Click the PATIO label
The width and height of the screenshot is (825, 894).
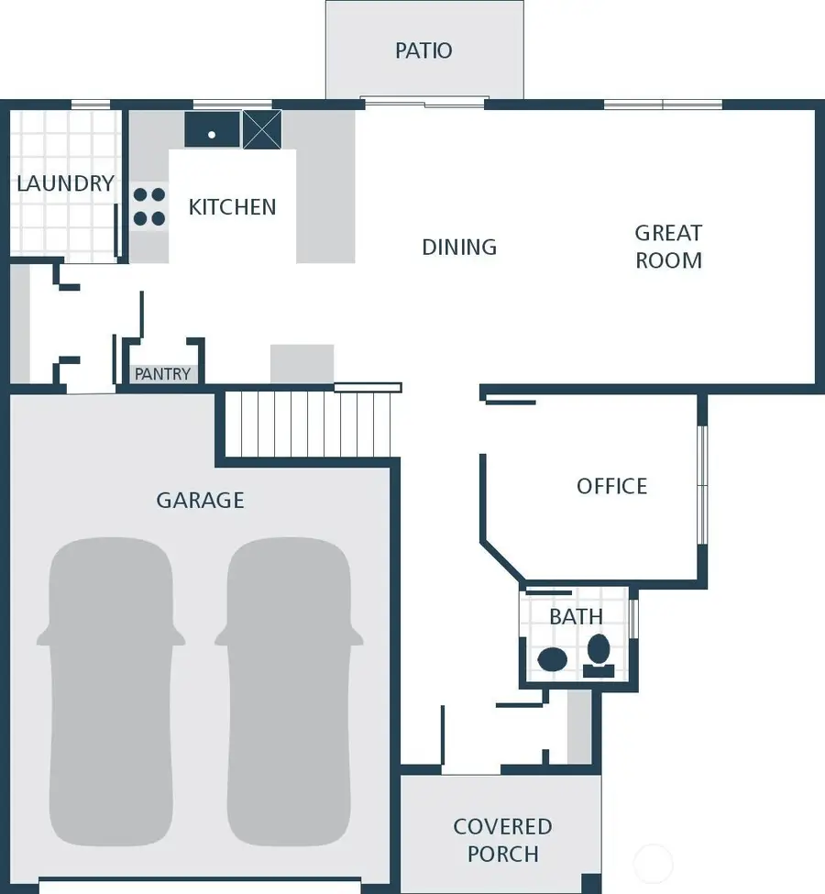(423, 50)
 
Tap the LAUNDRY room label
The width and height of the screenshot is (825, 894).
(65, 183)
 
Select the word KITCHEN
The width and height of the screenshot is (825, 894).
(232, 207)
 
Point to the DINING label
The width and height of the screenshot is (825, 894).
(459, 247)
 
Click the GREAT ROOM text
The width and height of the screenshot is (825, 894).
(669, 247)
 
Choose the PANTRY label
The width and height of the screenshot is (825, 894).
(162, 374)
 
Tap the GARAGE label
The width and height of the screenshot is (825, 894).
(200, 500)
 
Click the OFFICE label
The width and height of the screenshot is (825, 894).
(611, 486)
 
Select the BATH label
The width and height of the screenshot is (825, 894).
(577, 617)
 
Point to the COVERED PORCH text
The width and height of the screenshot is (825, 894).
(502, 840)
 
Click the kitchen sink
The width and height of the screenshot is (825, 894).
(212, 130)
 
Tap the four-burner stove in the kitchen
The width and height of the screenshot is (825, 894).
(149, 206)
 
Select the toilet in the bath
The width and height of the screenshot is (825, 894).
(599, 654)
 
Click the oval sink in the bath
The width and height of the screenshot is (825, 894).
(553, 657)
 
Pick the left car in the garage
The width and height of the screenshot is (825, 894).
(110, 692)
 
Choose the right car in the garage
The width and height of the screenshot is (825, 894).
(289, 692)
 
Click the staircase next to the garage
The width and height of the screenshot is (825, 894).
(307, 424)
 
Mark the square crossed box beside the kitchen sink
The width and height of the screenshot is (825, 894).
(261, 129)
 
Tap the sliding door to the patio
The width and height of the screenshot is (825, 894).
(423, 103)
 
